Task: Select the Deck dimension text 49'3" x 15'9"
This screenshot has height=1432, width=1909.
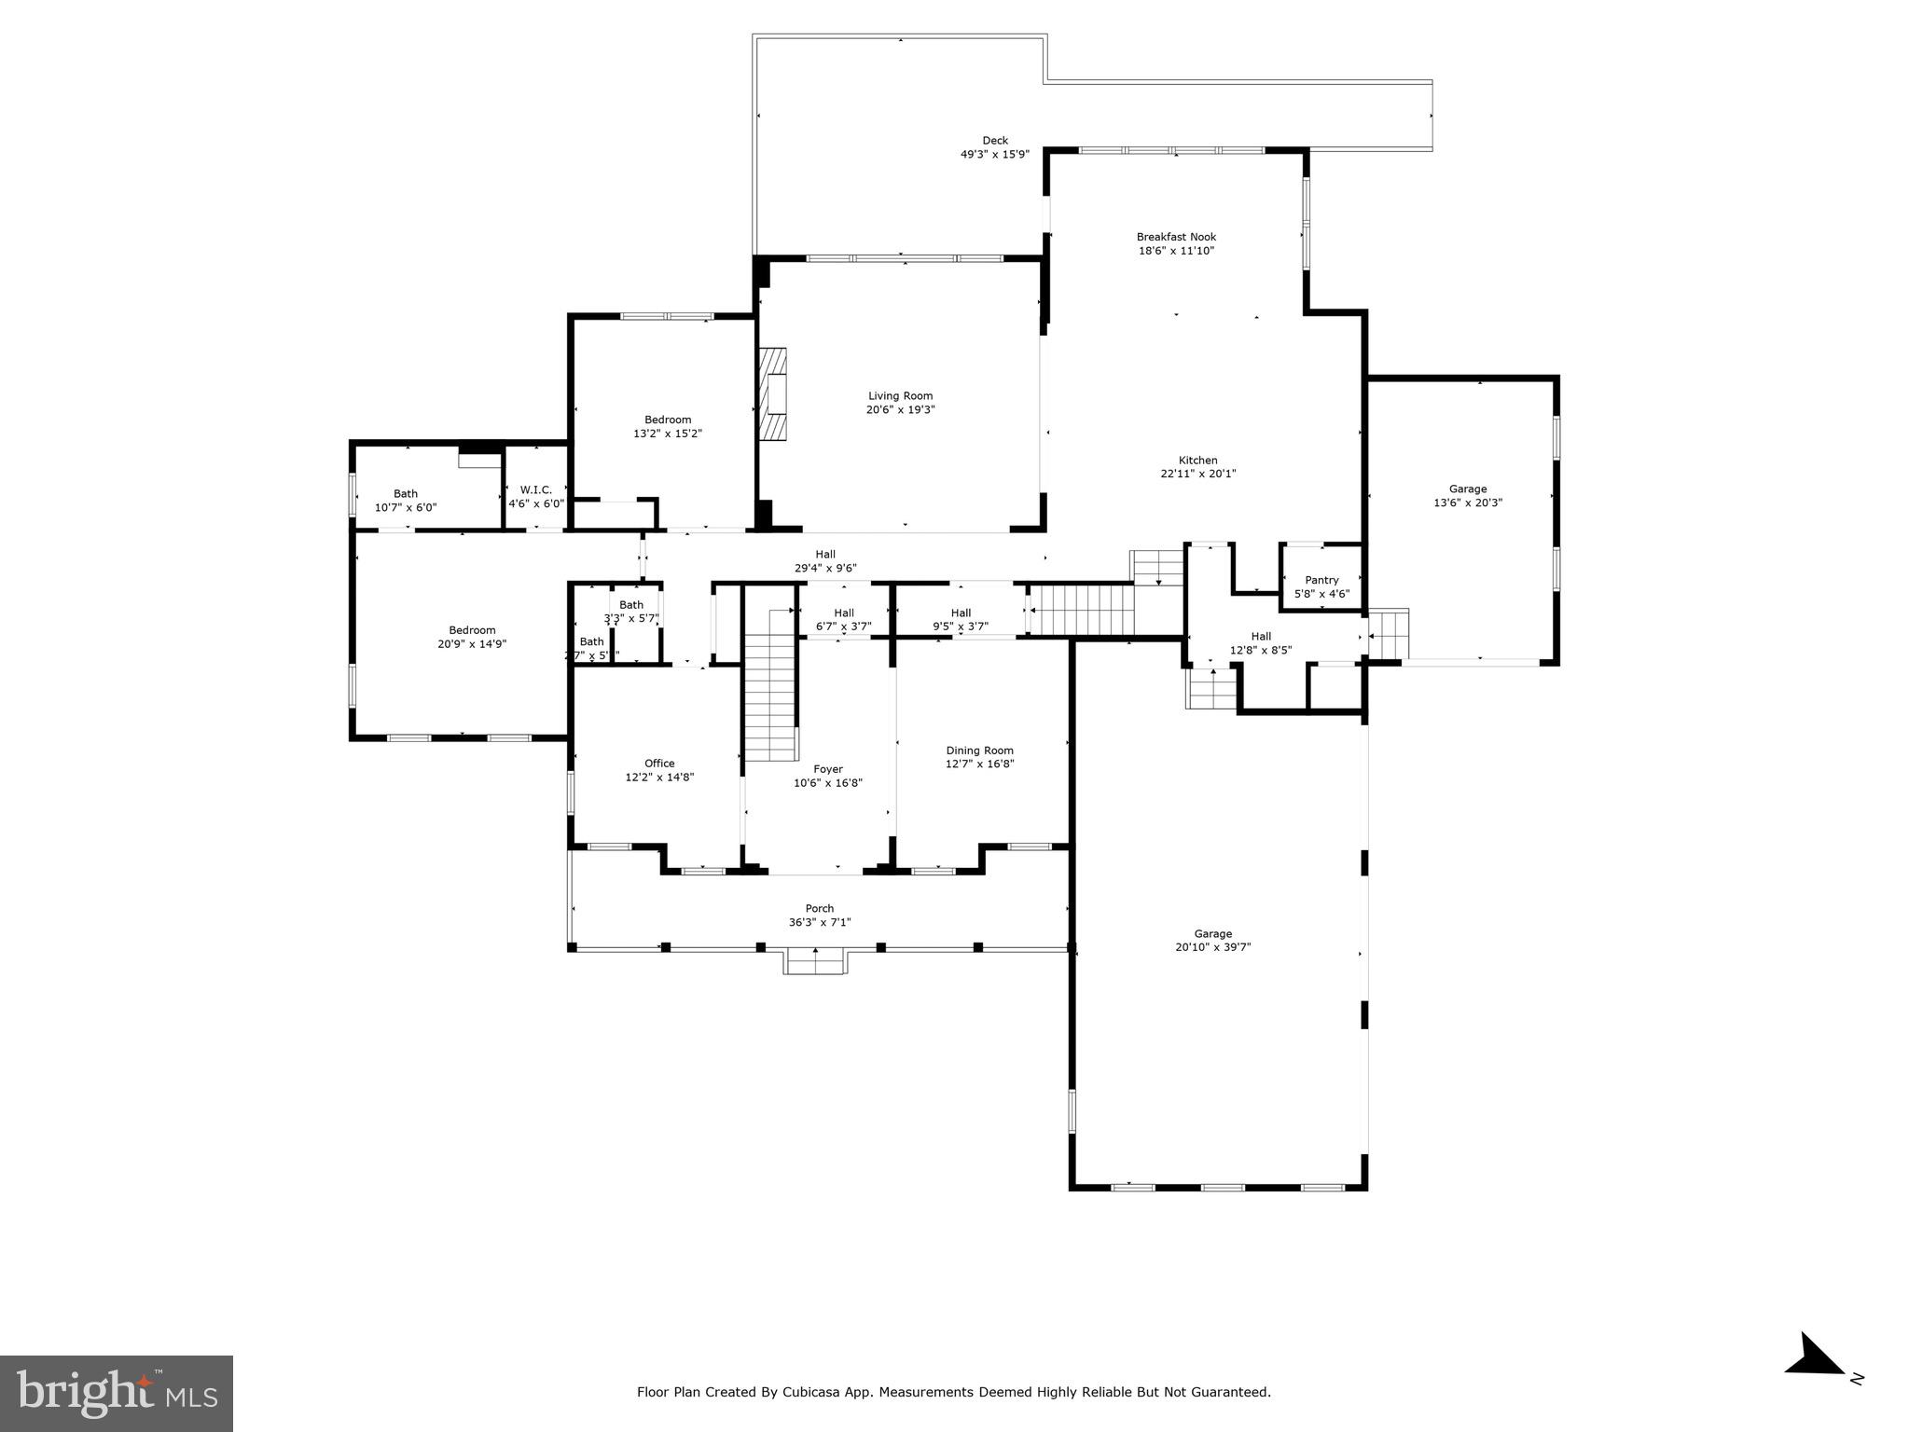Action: (x=994, y=155)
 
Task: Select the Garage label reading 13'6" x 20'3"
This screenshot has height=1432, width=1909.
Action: (x=1467, y=496)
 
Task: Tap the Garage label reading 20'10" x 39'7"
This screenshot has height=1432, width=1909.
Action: (x=1212, y=940)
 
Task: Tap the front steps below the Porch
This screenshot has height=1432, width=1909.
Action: (x=815, y=961)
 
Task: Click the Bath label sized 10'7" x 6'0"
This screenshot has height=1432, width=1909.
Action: (x=406, y=501)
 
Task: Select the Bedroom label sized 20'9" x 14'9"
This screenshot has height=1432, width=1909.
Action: (x=472, y=637)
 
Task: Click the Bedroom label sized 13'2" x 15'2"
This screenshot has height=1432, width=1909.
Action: (x=668, y=426)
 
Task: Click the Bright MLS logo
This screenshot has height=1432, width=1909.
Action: (x=117, y=1393)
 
